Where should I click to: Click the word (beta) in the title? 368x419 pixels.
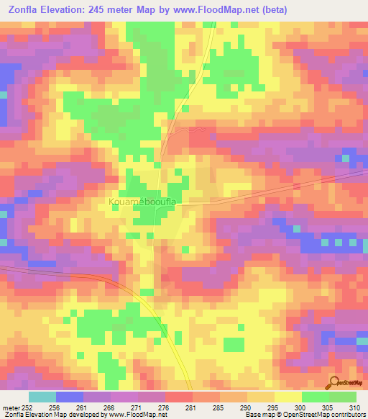click(300, 10)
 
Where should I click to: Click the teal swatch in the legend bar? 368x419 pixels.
click(42, 397)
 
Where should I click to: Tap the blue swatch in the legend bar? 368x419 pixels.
click(70, 397)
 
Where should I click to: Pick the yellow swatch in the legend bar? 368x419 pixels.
click(287, 397)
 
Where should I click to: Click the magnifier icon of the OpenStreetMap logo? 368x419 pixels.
click(333, 382)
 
